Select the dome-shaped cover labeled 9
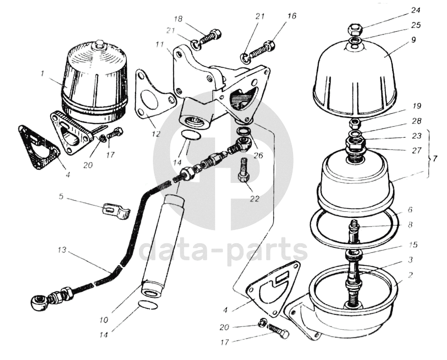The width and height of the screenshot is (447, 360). [x=355, y=77]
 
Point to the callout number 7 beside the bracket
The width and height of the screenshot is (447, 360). [x=434, y=159]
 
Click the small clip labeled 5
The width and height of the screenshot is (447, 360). [x=115, y=211]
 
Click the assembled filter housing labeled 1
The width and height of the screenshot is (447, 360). [x=94, y=81]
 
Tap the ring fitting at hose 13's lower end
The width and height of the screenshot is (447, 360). [x=37, y=301]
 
